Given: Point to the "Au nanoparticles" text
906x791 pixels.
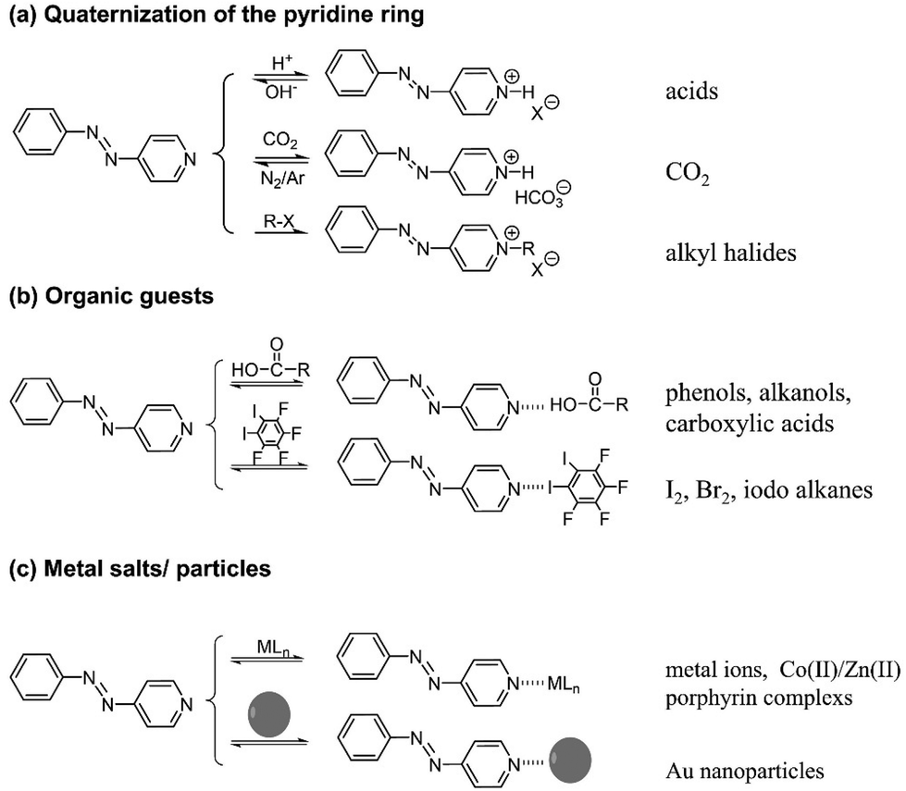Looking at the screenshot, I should click(725, 766).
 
